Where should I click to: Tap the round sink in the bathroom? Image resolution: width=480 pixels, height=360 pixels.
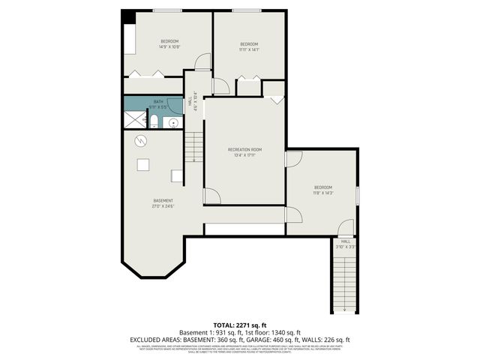point(173,122)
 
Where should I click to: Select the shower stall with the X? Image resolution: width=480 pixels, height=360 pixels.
point(136,118)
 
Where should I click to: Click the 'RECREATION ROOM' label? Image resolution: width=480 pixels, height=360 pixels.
point(243,149)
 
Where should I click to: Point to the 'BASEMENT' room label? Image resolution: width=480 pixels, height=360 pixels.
point(163,200)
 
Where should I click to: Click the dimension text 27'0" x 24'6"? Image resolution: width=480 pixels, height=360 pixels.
point(163,206)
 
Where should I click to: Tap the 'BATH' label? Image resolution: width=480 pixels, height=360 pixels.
point(158,101)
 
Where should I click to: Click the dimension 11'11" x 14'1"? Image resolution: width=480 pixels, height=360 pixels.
point(248,50)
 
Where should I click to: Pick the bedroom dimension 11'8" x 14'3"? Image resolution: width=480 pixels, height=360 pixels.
point(322,193)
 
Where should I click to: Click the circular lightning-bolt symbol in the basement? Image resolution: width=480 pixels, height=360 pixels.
point(139,140)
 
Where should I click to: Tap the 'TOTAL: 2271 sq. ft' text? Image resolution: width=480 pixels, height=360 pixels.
point(239,325)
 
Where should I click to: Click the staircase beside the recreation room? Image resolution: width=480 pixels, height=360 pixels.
point(193,147)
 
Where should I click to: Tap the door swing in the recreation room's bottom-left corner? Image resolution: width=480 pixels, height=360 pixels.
point(212,196)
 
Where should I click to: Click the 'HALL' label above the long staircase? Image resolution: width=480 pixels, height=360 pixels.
point(345,241)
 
